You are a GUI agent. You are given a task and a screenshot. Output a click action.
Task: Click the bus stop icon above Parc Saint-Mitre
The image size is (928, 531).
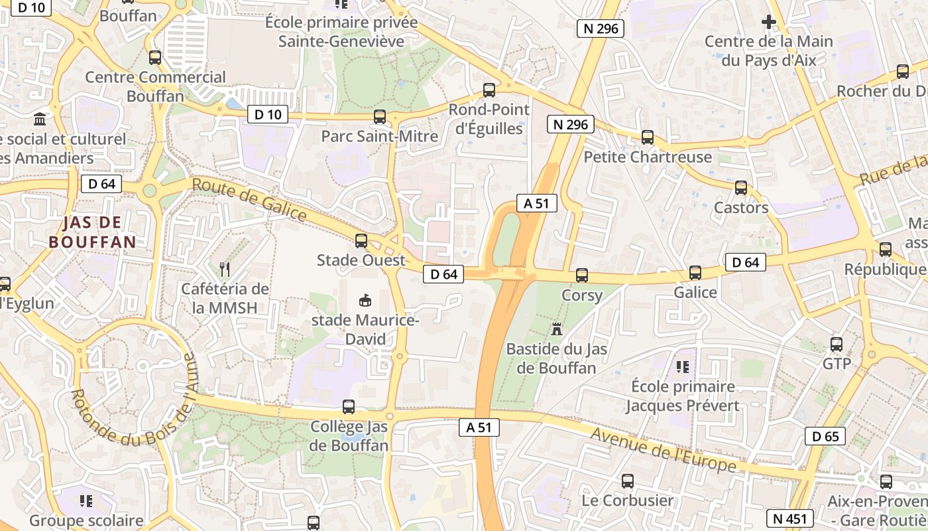coord(380,117)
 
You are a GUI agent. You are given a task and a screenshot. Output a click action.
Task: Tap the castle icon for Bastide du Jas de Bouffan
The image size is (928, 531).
coord(556,329)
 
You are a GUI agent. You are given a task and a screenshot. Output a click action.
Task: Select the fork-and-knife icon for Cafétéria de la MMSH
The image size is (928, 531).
coord(225,269)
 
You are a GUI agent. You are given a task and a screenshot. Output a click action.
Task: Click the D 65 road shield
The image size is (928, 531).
coord(825,436)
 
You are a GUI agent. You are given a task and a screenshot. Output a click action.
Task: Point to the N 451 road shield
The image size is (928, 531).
coord(788,518)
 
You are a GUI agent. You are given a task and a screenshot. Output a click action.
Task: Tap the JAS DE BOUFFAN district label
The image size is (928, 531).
coord(92,232)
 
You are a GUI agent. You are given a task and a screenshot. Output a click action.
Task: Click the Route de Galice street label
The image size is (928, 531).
coord(249,199)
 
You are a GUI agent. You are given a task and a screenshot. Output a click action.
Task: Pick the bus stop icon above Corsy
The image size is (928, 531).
coord(582,275)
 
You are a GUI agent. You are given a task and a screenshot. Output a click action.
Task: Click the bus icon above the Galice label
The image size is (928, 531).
coord(695,272)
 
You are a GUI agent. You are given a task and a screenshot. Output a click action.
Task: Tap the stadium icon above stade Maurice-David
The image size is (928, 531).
coord(365,300)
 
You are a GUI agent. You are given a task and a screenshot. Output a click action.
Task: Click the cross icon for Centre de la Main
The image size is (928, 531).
coord(768,22)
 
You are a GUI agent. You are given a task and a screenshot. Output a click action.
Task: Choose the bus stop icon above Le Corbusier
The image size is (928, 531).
coord(627,481)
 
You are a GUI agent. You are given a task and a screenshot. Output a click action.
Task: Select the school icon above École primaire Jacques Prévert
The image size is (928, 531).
coord(683,366)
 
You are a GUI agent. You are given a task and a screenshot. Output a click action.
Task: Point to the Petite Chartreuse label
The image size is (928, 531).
coord(647,157)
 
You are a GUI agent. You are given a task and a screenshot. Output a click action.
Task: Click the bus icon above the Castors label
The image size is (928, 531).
coord(741,188)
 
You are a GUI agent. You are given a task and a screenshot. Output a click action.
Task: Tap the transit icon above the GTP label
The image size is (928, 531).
coord(837,344)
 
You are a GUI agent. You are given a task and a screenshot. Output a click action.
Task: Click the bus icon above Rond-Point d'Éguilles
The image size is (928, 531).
coord(489,90)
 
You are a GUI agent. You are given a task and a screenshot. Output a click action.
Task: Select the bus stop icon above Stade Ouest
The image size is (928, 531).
coord(361,240)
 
